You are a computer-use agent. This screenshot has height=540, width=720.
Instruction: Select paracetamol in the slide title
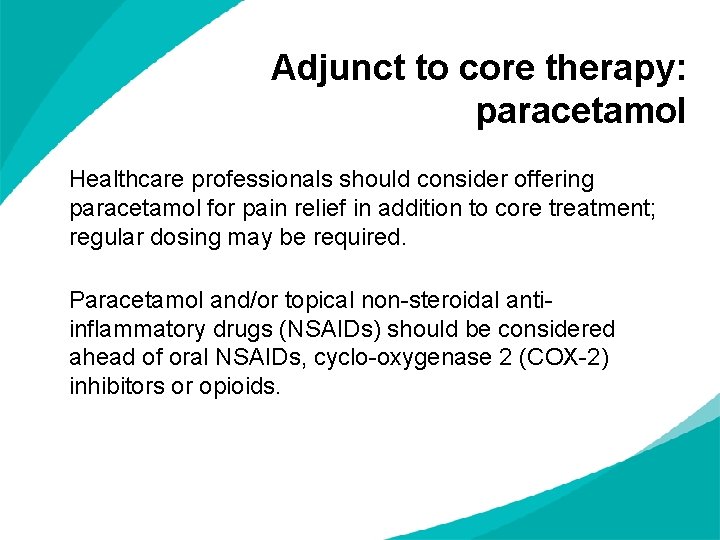pos(581,111)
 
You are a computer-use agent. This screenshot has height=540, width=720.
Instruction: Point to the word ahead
pos(100,358)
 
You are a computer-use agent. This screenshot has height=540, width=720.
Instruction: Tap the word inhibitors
pos(110,386)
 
